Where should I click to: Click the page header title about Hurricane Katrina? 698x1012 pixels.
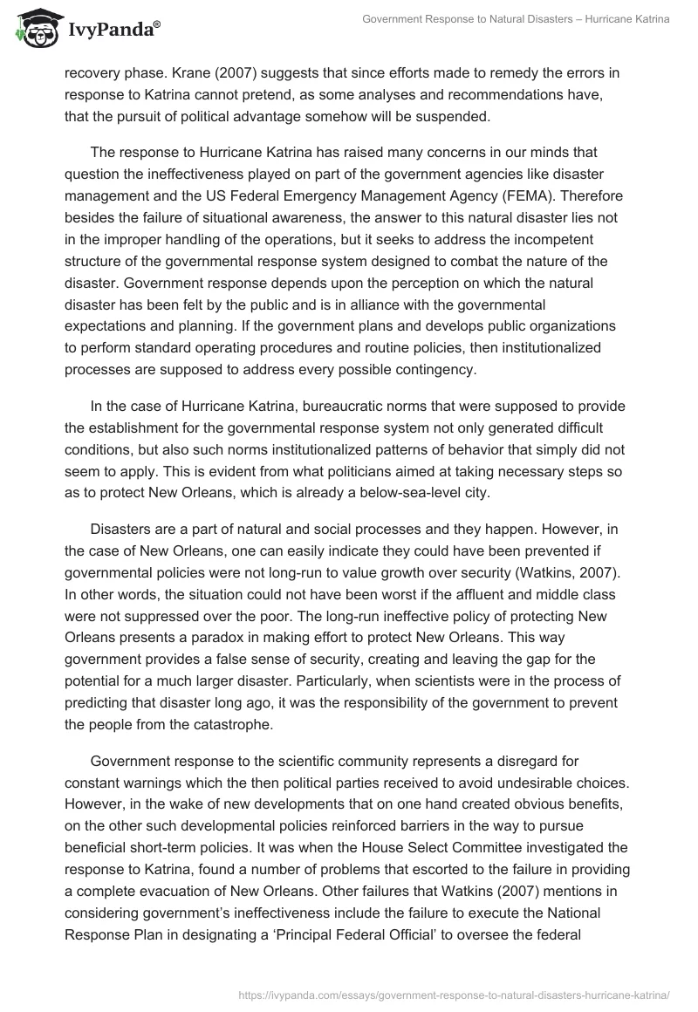pos(516,19)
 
